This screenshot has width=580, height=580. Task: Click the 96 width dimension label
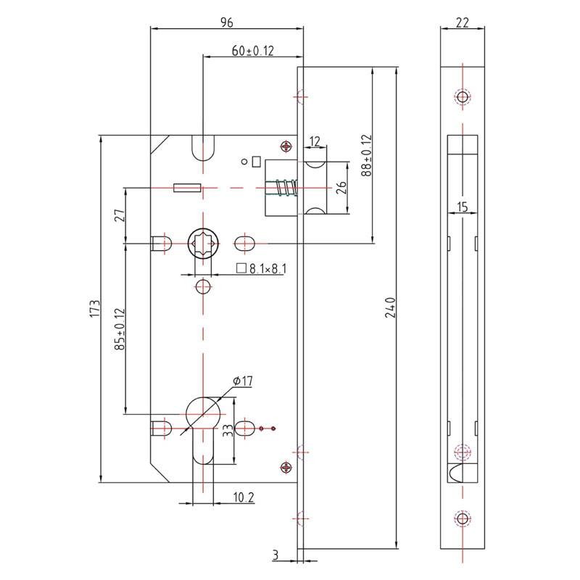pyautogui.click(x=225, y=22)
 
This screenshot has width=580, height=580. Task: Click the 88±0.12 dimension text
pyautogui.click(x=366, y=155)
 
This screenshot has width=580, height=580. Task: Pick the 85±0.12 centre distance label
pyautogui.click(x=120, y=330)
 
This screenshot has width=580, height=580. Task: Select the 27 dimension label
pyautogui.click(x=120, y=215)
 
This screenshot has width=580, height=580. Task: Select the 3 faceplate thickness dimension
pyautogui.click(x=275, y=555)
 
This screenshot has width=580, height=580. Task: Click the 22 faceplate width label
pyautogui.click(x=462, y=22)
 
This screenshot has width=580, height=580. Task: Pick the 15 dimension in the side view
pyautogui.click(x=462, y=207)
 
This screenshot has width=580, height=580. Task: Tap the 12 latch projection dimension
pyautogui.click(x=315, y=141)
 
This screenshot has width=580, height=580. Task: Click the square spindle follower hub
pyautogui.click(x=202, y=241)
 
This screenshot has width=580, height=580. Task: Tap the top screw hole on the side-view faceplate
pyautogui.click(x=462, y=97)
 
